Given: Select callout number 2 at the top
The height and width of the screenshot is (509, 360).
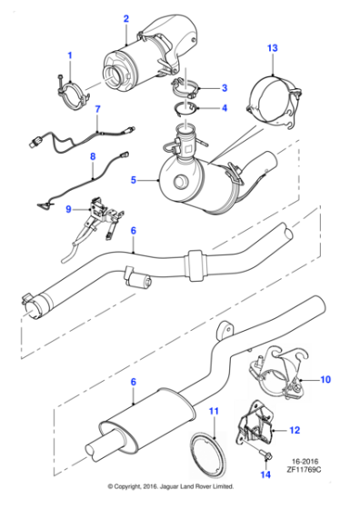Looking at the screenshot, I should point(125,17).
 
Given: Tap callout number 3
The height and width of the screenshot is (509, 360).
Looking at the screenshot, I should point(225,87).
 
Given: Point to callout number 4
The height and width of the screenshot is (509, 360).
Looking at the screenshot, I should point(225,107).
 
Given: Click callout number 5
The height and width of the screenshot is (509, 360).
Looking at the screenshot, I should point(134,181).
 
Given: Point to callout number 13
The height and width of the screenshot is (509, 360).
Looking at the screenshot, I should point(272,46).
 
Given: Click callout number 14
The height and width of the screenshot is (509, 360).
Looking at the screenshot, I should point(265,472).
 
